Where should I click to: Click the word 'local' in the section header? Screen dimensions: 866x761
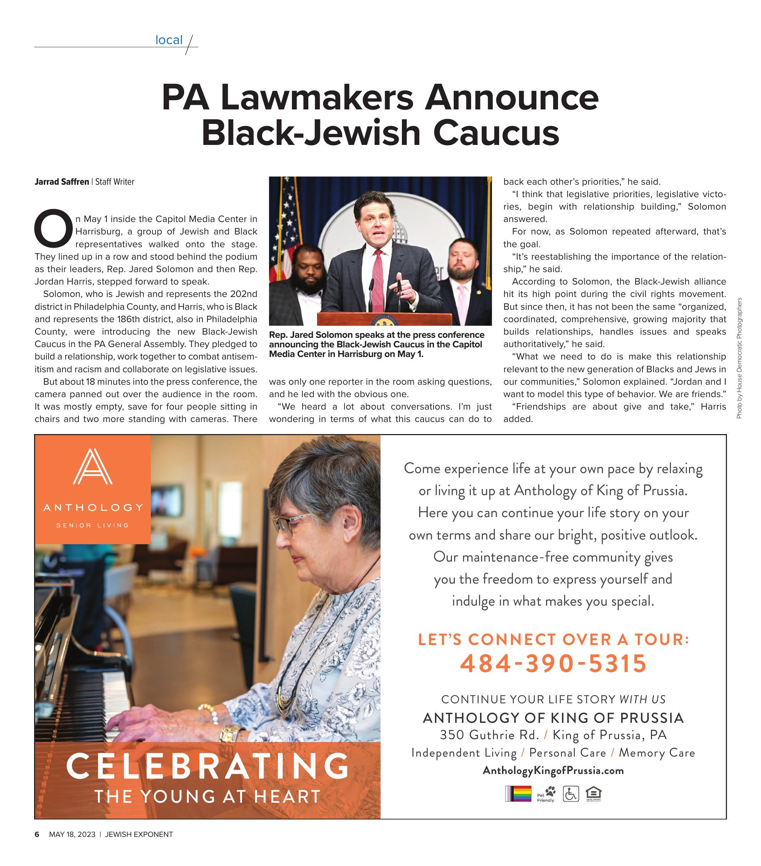tap(169, 40)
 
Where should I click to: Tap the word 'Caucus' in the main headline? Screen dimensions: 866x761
tap(496, 133)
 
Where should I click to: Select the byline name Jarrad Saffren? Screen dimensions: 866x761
tap(62, 182)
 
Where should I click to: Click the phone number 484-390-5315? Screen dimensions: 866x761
tap(553, 664)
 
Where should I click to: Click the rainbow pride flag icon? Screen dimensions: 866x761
tap(518, 794)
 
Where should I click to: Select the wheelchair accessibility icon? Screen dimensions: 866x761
tap(570, 794)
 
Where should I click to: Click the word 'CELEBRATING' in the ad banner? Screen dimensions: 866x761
tap(208, 766)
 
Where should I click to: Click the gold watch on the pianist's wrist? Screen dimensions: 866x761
tap(231, 733)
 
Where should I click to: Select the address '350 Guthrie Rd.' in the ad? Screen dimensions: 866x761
tap(489, 735)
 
